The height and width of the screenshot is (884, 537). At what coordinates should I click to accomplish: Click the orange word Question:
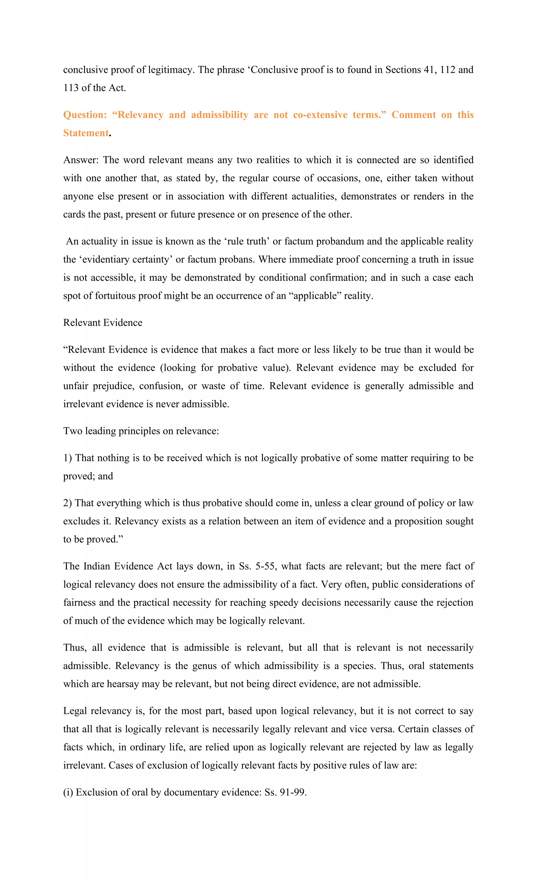[85, 115]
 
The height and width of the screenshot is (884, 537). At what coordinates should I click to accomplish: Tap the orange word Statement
[86, 133]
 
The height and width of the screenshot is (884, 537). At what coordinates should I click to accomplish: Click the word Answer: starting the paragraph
[81, 160]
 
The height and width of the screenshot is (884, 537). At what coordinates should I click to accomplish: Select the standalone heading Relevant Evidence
[103, 323]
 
